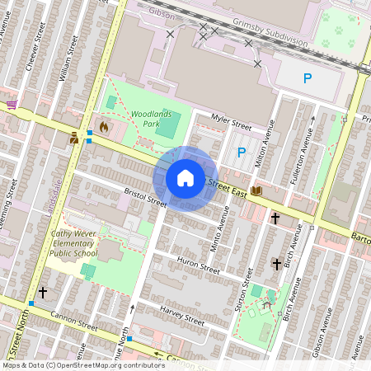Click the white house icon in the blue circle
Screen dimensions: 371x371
(x=185, y=178)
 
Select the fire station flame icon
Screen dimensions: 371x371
(x=103, y=128)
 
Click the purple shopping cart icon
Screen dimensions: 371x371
(x=12, y=105)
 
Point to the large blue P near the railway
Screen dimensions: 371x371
(x=308, y=79)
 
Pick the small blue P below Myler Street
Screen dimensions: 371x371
(x=242, y=152)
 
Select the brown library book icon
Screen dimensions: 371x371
(x=256, y=190)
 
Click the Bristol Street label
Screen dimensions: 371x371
(x=145, y=198)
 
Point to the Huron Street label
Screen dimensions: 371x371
(x=199, y=265)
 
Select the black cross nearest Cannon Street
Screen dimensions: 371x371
(x=42, y=293)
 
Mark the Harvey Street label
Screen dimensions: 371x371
(x=182, y=315)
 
